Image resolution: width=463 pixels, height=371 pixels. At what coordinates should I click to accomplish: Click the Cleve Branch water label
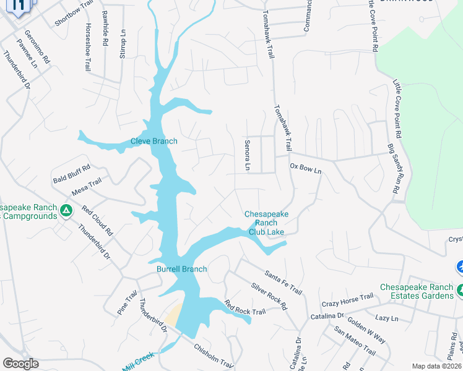(154, 141)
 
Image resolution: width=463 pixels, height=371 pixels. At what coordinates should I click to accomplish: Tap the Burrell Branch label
(181, 270)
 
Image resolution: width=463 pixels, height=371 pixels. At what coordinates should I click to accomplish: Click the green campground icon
(66, 212)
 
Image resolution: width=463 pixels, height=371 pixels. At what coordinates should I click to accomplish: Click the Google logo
(20, 364)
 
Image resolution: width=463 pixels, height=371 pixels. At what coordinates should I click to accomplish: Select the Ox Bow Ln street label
(306, 169)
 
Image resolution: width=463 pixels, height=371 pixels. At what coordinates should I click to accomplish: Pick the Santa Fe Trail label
(283, 282)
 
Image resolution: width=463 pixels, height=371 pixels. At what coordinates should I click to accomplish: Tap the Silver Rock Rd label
(269, 296)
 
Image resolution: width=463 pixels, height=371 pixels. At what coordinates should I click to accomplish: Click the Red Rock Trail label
(244, 307)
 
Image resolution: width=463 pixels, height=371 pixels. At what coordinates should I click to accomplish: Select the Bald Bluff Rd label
(72, 171)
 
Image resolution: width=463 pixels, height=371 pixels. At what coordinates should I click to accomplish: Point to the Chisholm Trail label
(212, 356)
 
